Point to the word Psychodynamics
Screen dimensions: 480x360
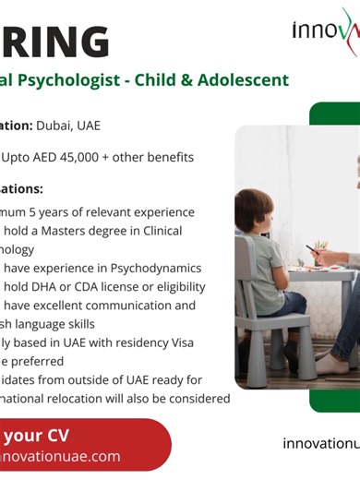point(155,268)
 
